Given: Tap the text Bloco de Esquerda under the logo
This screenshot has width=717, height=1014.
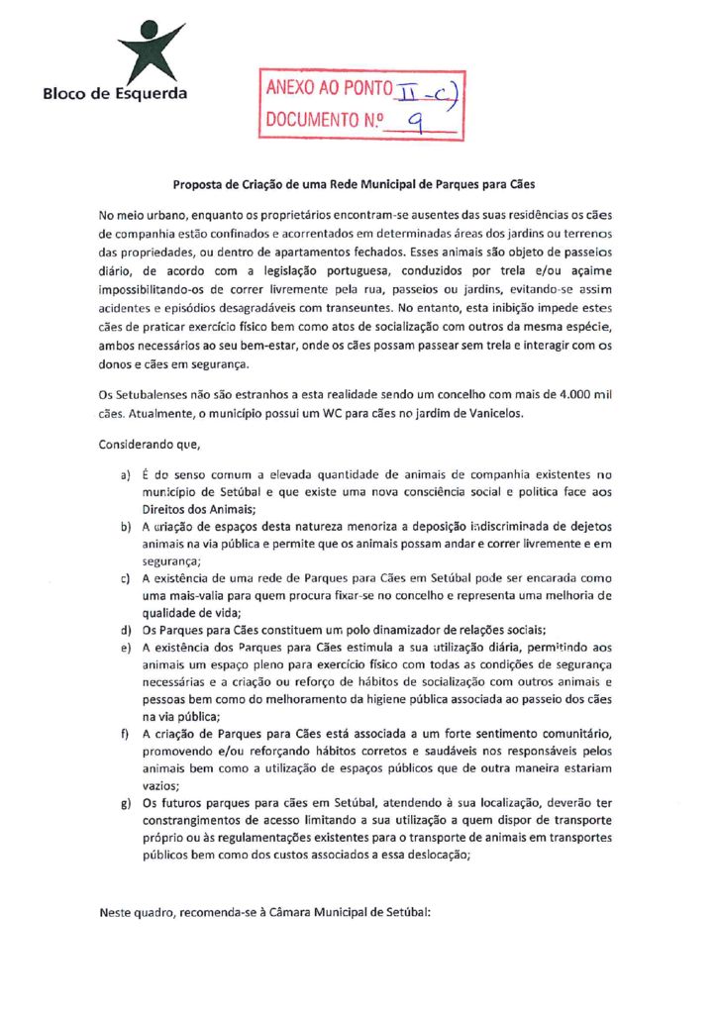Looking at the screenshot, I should pyautogui.click(x=114, y=94).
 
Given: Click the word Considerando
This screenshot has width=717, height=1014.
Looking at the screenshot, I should pyautogui.click(x=133, y=446).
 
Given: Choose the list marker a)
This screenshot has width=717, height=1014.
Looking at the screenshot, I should pyautogui.click(x=126, y=477).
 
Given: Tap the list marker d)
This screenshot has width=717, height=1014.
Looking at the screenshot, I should pyautogui.click(x=126, y=631).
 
